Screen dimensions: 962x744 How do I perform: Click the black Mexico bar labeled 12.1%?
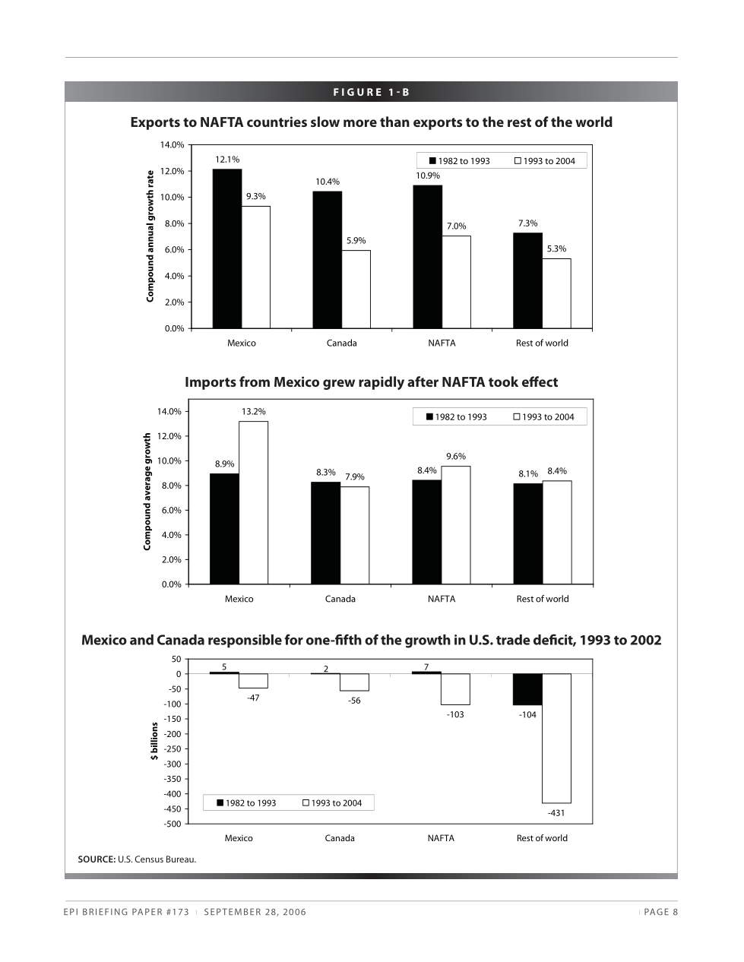(x=226, y=248)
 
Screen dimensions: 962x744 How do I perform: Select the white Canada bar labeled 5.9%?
(x=356, y=290)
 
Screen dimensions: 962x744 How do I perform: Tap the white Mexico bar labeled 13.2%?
(x=253, y=502)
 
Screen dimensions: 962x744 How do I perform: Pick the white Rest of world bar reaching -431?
(x=556, y=738)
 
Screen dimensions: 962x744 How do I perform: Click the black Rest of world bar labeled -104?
(x=527, y=689)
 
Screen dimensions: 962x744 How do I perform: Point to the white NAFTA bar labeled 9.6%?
(x=455, y=525)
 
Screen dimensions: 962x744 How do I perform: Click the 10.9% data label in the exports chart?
(x=427, y=176)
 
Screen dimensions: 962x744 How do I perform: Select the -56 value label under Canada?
(x=354, y=701)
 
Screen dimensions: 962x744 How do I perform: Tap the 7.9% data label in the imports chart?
(x=354, y=477)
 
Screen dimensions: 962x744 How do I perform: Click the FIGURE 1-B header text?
(x=371, y=93)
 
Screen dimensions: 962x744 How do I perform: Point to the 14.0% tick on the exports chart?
(x=172, y=144)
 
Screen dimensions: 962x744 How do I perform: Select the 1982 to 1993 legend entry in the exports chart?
(x=459, y=161)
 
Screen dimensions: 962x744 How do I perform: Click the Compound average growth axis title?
(x=147, y=492)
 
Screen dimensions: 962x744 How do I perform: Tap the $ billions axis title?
(x=154, y=741)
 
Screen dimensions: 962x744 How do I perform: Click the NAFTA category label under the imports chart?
(x=441, y=599)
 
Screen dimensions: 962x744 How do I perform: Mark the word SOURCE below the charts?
(x=96, y=859)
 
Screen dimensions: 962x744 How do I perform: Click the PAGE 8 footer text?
(x=660, y=912)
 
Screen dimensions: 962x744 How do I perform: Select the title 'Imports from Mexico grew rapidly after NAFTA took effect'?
(x=371, y=382)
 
